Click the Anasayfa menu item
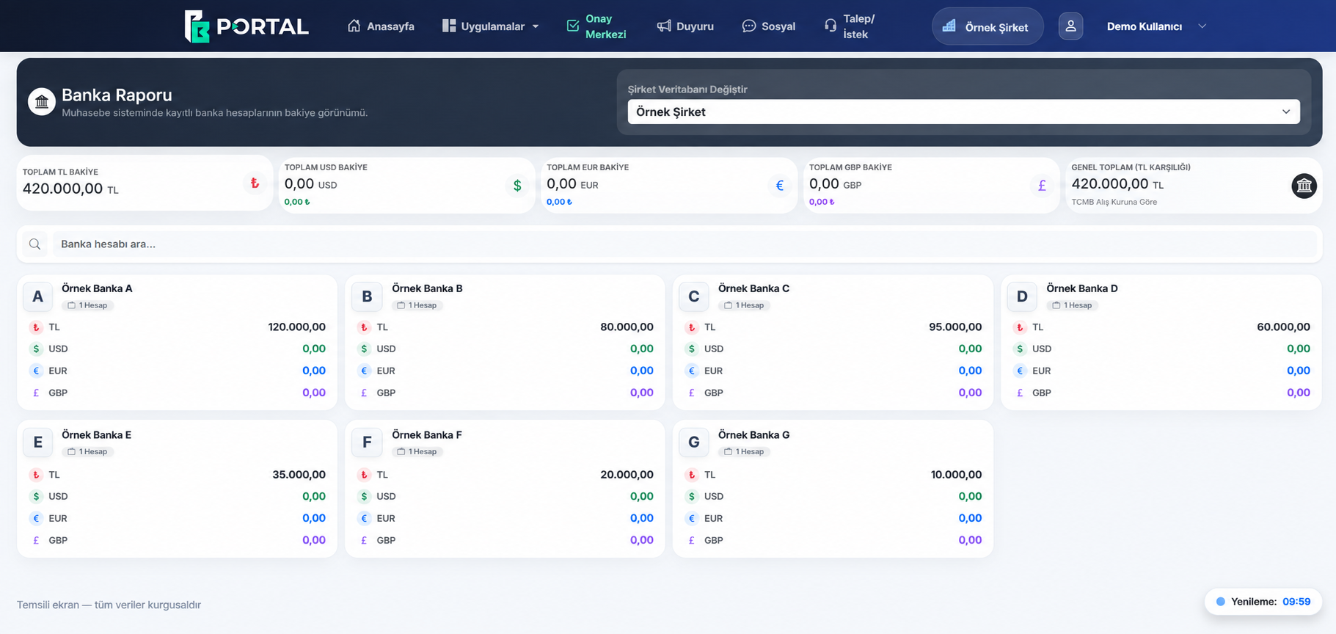pos(381,26)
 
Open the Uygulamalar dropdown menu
pos(491,26)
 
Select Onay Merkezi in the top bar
pos(596,26)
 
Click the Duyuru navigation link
pos(685,26)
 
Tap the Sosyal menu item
pos(769,26)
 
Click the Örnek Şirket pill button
pos(988,26)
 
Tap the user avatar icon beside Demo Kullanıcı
pos(1070,26)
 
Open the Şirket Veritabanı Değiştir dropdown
pos(963,112)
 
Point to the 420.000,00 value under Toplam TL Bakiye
pos(63,189)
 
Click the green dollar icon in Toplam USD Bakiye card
pos(517,186)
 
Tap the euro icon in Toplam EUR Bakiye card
pos(780,186)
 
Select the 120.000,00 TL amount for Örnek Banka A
pos(297,327)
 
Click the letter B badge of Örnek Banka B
pos(367,296)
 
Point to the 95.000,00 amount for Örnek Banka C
pos(955,327)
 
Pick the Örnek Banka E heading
pos(97,435)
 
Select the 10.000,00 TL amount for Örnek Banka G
pos(956,475)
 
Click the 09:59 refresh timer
pos(1296,602)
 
